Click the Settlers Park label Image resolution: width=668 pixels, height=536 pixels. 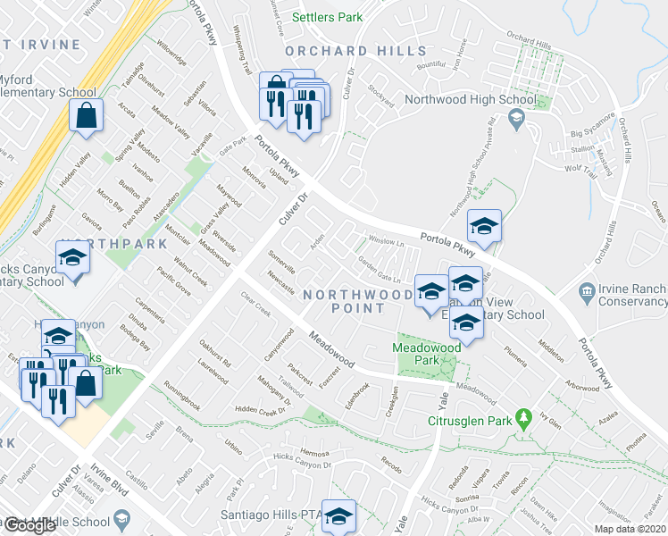pyautogui.click(x=305, y=16)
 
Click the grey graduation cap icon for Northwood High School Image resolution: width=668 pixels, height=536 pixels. pyautogui.click(x=516, y=119)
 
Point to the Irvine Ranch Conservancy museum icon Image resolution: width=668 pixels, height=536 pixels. pyautogui.click(x=588, y=289)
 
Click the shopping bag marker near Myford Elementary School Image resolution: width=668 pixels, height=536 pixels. pyautogui.click(x=86, y=115)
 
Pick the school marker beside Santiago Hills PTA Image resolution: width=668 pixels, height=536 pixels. pyautogui.click(x=338, y=516)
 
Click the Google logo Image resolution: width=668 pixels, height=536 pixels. pyautogui.click(x=29, y=525)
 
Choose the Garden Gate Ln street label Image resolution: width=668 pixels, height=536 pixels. pyautogui.click(x=381, y=266)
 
